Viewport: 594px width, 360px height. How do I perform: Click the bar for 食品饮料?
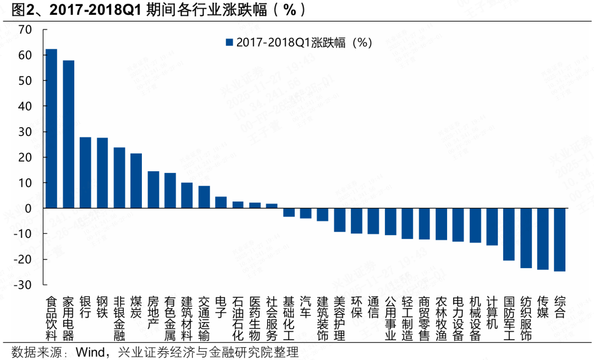(51, 129)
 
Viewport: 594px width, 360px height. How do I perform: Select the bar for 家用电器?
(68, 134)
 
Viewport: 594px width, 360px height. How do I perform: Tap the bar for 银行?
(85, 172)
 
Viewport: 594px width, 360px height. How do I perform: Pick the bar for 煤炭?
(136, 181)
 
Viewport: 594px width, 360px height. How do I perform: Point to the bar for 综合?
(559, 239)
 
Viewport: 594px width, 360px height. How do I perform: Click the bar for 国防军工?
(509, 234)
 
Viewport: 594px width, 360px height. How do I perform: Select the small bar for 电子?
(221, 203)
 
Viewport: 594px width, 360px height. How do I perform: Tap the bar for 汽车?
(305, 213)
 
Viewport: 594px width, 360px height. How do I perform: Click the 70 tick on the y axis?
(24, 30)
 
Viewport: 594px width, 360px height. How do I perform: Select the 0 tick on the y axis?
(28, 208)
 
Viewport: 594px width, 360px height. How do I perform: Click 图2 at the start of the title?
(17, 9)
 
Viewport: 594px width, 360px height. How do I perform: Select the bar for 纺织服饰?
(526, 238)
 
